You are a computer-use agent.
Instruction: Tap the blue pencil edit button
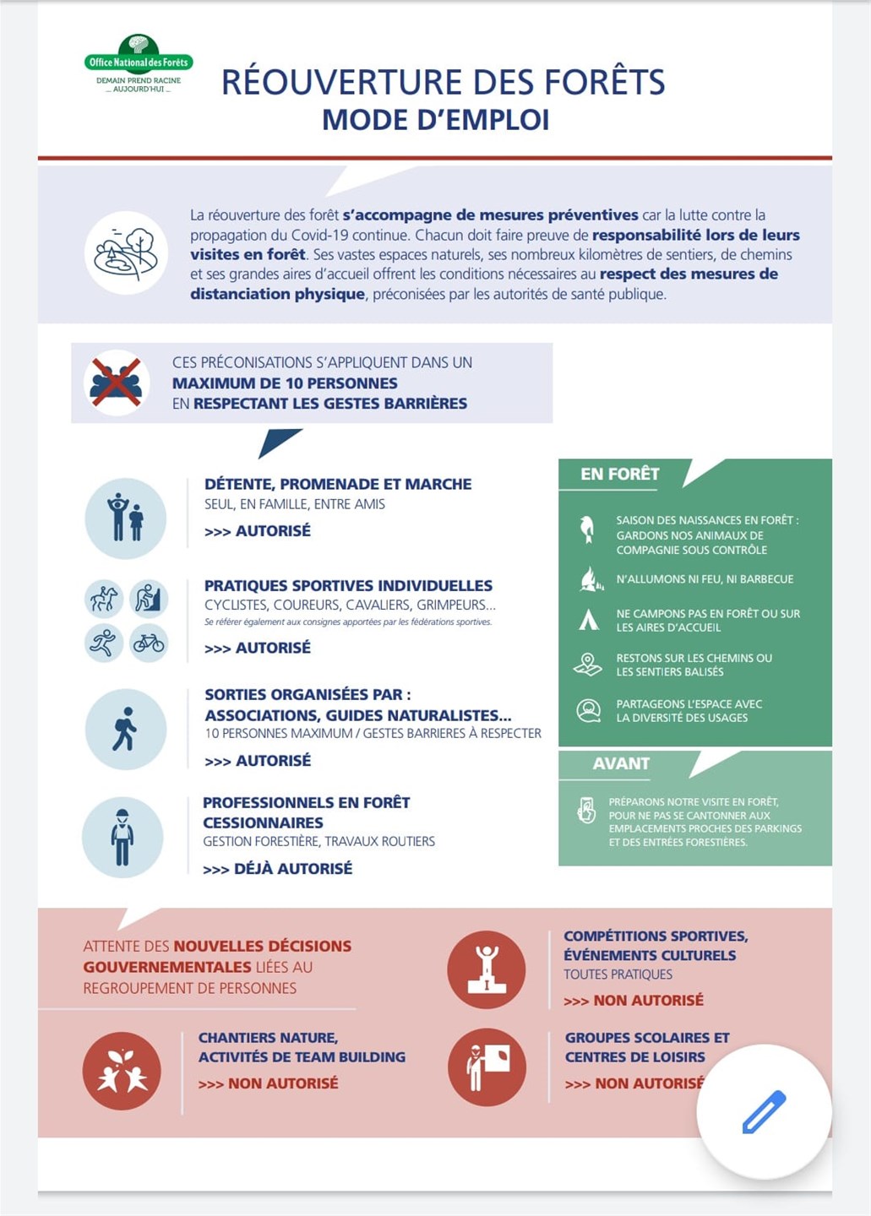tap(764, 1111)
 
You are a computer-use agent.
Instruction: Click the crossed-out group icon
tap(117, 383)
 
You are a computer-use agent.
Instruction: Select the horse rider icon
tap(104, 599)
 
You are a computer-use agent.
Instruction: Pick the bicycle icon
tap(149, 643)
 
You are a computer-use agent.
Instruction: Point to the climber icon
tap(149, 599)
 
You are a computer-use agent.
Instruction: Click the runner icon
tap(104, 643)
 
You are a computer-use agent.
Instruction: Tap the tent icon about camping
tap(588, 621)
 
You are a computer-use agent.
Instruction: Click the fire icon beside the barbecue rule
tap(589, 579)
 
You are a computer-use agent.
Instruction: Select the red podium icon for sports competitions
tap(487, 969)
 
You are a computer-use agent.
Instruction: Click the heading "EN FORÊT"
tap(619, 474)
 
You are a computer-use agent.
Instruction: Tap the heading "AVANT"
tap(621, 763)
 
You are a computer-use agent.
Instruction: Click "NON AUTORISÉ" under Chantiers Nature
tap(282, 1083)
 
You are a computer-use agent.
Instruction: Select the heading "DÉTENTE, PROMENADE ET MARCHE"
tap(338, 484)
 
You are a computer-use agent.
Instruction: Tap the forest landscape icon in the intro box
tap(126, 252)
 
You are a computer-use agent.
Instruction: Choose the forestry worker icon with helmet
tap(122, 837)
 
